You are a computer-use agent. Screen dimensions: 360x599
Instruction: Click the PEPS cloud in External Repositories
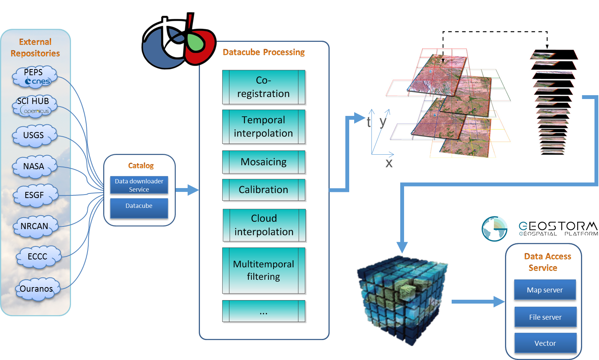click(x=35, y=77)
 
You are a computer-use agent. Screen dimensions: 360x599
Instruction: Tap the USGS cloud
click(x=34, y=136)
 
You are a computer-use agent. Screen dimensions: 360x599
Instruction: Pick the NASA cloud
click(x=34, y=167)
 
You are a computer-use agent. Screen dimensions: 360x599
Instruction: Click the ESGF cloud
click(x=35, y=195)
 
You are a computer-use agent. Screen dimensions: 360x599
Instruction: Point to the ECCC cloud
click(x=38, y=257)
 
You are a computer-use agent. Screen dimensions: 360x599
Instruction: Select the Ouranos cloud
click(x=37, y=289)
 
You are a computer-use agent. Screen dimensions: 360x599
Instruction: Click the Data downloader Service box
click(x=139, y=185)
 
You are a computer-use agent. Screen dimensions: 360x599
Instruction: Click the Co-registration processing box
click(x=264, y=87)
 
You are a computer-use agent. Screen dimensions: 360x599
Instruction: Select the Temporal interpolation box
click(x=264, y=127)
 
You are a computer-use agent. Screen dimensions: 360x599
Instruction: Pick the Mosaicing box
click(x=264, y=162)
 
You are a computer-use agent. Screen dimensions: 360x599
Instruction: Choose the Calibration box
click(x=264, y=190)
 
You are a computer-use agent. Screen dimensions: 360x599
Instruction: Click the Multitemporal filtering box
click(x=264, y=271)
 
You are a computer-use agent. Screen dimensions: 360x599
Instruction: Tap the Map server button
click(x=545, y=290)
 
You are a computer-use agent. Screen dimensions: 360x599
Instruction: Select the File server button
click(x=545, y=317)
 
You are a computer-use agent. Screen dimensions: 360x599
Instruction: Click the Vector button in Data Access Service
click(x=545, y=343)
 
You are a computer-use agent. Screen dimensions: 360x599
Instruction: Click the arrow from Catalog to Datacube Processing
click(x=187, y=190)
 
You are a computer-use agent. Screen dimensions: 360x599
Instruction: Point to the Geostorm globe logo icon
click(x=495, y=229)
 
